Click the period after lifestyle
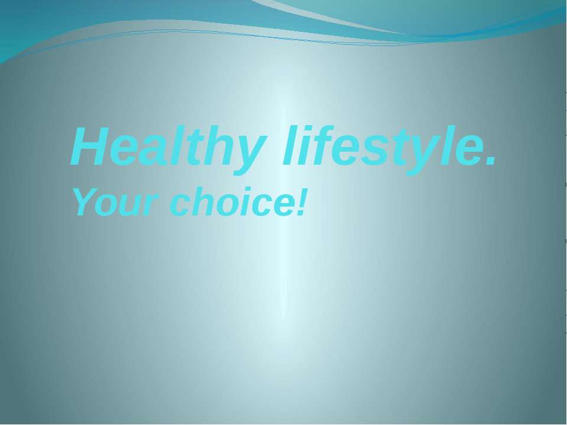489,163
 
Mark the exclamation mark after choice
304,202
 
